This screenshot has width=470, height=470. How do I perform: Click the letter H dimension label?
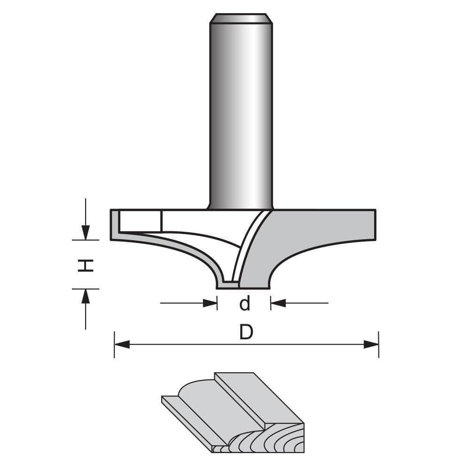click(x=86, y=266)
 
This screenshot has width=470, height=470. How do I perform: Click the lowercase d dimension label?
click(x=244, y=304)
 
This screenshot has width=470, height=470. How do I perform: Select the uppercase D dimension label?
click(x=246, y=332)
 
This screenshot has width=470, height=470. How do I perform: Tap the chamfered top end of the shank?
click(x=241, y=19)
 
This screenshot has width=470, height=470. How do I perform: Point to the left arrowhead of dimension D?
click(x=122, y=345)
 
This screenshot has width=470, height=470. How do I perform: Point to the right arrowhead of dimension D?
click(x=371, y=345)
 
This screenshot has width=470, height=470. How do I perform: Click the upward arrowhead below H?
click(x=86, y=296)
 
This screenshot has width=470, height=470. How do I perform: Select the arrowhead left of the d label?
click(x=210, y=303)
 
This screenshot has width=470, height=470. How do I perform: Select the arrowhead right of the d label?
click(x=278, y=303)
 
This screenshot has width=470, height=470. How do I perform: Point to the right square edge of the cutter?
click(x=375, y=225)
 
